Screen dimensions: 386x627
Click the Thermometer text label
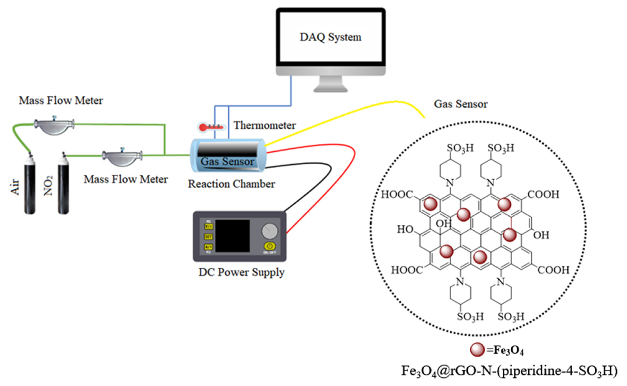pyautogui.click(x=265, y=125)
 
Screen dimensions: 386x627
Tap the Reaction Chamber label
pyautogui.click(x=231, y=184)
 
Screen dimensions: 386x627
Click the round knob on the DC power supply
pyautogui.click(x=270, y=231)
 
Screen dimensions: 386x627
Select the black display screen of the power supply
pyautogui.click(x=232, y=236)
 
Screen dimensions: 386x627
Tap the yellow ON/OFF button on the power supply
pyautogui.click(x=270, y=246)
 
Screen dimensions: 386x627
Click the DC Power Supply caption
pyautogui.click(x=241, y=272)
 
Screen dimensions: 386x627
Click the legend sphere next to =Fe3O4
pyautogui.click(x=477, y=350)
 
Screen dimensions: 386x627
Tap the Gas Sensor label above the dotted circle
pyautogui.click(x=461, y=104)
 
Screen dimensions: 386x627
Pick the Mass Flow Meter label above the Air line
pyautogui.click(x=61, y=101)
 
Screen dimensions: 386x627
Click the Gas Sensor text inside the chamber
pyautogui.click(x=227, y=161)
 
